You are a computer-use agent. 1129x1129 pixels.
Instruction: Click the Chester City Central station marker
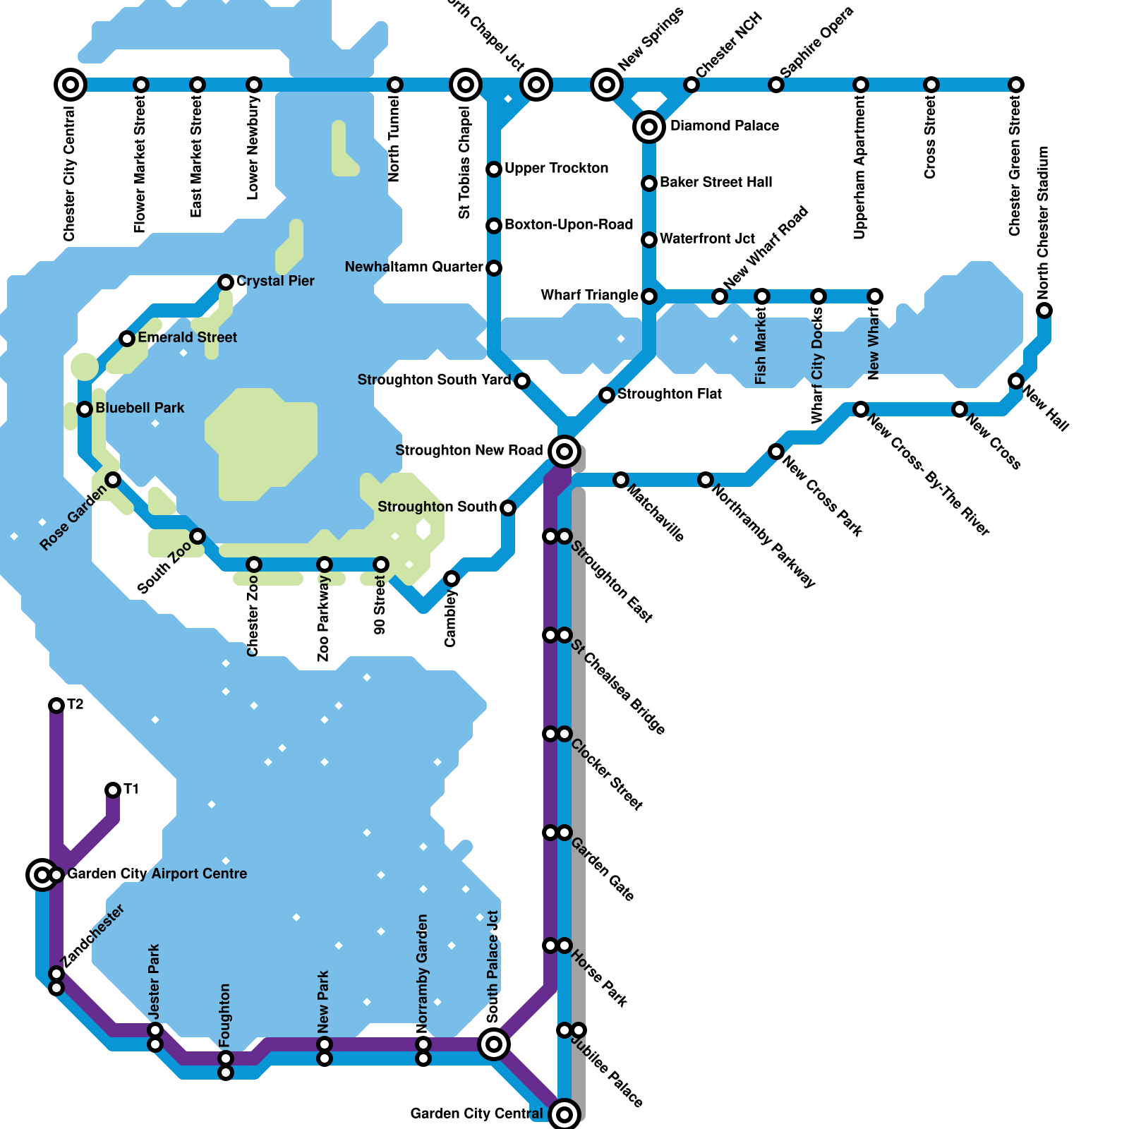71,85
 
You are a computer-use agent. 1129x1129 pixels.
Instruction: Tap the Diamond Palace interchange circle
649,127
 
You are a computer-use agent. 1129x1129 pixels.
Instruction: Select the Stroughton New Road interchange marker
564,451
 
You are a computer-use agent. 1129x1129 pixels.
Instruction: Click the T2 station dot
56,706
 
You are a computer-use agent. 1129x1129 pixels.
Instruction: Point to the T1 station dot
113,790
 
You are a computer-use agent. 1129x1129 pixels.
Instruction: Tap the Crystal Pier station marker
226,282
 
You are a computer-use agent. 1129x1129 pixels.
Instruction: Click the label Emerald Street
187,337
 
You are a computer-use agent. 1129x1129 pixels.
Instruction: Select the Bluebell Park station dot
85,409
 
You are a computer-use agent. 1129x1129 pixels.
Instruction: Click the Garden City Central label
476,1113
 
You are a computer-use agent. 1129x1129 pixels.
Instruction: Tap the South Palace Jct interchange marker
494,1044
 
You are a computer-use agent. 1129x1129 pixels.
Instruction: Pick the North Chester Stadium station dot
1044,310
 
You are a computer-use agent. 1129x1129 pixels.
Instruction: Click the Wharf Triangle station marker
649,296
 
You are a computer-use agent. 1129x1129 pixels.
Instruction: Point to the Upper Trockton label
556,168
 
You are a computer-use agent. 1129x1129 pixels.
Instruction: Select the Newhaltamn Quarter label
413,267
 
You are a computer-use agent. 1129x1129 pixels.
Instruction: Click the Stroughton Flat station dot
607,395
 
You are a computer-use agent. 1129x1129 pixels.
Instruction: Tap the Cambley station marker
452,579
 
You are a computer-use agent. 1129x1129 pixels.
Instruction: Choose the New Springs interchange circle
607,85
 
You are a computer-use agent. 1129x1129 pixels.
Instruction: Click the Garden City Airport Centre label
157,874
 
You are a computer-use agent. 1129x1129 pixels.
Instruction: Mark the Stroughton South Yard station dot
522,381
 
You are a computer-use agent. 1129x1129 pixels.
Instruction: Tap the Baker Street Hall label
716,182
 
